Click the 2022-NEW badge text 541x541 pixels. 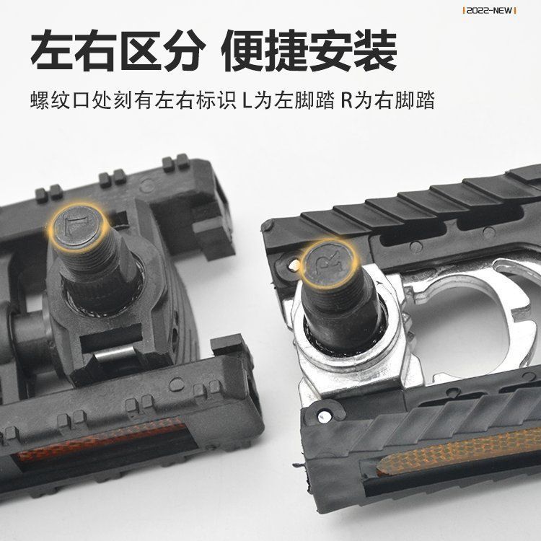point(489,11)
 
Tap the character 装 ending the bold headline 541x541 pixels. point(376,50)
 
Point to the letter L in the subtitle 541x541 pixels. point(247,100)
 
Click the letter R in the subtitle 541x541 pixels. point(347,100)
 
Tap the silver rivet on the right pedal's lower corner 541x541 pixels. point(323,416)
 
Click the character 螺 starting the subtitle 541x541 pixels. point(40,100)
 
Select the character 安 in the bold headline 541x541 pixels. point(331,50)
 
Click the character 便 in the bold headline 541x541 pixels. point(242,50)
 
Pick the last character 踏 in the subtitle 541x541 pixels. point(424,100)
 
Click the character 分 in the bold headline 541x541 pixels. point(185,50)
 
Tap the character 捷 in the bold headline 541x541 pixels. point(286,50)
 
